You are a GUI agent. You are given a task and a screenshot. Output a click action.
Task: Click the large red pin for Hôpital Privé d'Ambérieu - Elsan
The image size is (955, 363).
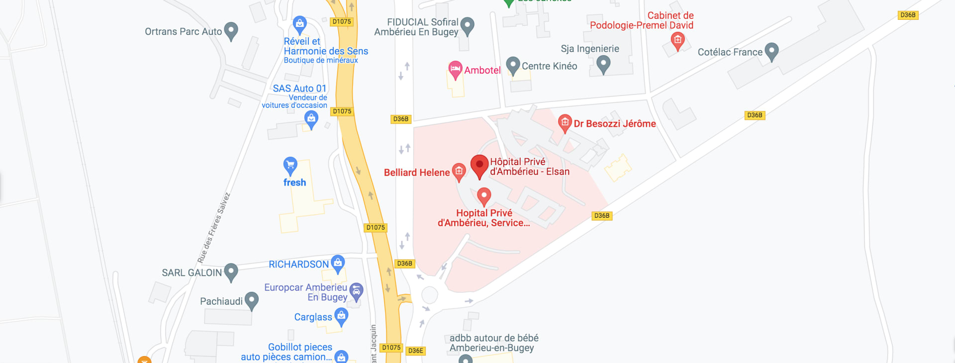[x=479, y=165]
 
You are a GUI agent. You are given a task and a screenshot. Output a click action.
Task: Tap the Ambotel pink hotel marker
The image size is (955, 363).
[x=455, y=70]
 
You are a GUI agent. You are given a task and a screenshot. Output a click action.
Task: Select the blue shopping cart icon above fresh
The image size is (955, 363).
[x=290, y=165]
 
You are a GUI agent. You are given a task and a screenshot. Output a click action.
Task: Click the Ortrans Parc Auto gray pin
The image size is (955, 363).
[x=231, y=30]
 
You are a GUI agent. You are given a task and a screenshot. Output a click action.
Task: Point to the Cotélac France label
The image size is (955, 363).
[x=730, y=52]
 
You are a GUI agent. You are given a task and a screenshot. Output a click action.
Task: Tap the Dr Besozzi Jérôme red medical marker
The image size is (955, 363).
[x=565, y=122]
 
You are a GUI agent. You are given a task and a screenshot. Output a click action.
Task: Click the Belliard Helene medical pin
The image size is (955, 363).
[x=459, y=172]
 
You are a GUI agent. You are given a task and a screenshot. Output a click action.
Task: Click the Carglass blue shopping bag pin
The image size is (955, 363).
[x=341, y=316]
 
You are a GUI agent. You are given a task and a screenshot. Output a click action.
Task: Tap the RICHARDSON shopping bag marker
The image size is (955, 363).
[x=338, y=263]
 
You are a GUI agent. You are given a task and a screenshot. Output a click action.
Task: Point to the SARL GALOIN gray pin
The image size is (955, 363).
[x=231, y=272]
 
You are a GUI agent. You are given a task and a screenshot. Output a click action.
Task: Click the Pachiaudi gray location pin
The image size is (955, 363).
[x=252, y=300]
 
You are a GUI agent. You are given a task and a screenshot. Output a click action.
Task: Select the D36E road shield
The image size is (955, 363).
[x=415, y=351]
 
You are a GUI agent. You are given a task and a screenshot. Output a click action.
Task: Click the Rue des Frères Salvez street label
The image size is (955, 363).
[x=214, y=228]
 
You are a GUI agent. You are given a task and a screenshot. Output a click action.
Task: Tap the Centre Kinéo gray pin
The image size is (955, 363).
[x=513, y=65]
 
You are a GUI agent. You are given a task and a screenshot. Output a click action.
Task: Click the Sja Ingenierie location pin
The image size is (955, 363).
[x=603, y=63]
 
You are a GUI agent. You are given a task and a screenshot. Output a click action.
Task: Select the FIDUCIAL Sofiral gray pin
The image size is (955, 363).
[x=467, y=25]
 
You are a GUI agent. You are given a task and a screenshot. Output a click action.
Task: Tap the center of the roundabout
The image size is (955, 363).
[x=429, y=295]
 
